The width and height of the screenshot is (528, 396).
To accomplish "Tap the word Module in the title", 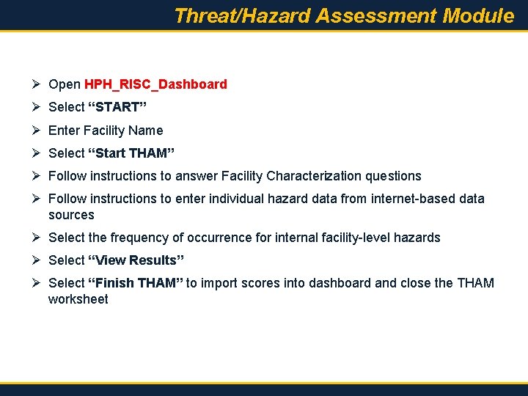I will [479, 15].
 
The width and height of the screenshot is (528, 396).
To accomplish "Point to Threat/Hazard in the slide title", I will [243, 15].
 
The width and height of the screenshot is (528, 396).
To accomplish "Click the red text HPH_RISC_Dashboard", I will [155, 84].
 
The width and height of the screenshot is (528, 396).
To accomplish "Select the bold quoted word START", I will [117, 107].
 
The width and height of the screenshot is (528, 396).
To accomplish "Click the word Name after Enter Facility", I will [145, 131].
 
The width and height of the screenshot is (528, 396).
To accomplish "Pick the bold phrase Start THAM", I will [131, 153].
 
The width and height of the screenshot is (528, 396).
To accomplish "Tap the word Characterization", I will [314, 176].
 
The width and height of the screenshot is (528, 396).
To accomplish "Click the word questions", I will [393, 176].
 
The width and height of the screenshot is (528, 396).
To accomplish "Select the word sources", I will [71, 215].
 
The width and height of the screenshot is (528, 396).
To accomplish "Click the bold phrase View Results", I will [136, 260].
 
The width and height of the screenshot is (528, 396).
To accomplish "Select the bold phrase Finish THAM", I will [135, 283].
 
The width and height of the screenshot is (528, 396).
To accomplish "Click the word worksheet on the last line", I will [78, 299].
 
